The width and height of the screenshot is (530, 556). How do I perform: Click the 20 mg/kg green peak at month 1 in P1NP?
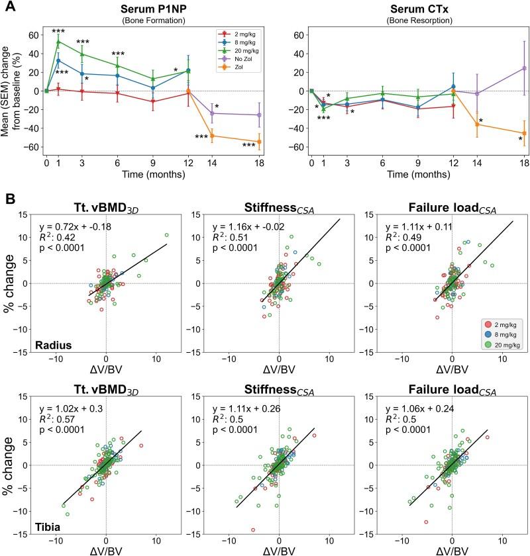(x=58, y=42)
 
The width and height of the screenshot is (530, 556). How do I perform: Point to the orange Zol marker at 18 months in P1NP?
(x=259, y=141)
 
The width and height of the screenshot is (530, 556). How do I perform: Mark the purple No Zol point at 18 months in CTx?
(x=524, y=68)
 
